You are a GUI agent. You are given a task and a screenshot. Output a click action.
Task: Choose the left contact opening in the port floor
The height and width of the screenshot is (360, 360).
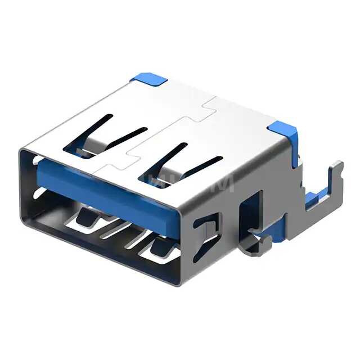(x=87, y=217)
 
